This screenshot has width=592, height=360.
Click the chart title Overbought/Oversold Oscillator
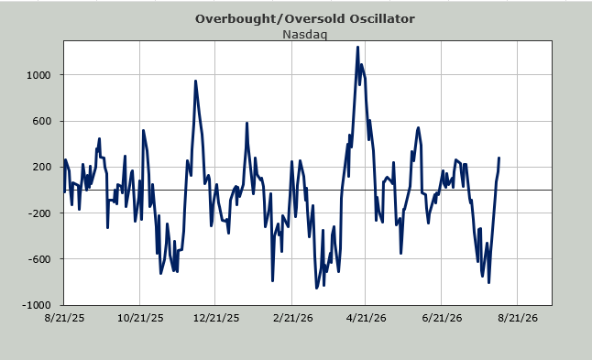pyautogui.click(x=304, y=19)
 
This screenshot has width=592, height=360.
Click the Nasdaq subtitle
pyautogui.click(x=304, y=34)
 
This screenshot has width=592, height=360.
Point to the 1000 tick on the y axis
pyautogui.click(x=38, y=75)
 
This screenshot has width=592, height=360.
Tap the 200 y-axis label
pyautogui.click(x=42, y=167)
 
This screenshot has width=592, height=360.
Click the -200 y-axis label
pyautogui.click(x=39, y=213)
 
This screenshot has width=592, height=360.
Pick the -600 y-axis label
pyautogui.click(x=39, y=259)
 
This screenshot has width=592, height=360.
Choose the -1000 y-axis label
pyautogui.click(x=37, y=305)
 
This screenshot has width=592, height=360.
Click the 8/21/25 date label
pyautogui.click(x=64, y=318)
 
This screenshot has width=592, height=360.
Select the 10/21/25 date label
pyautogui.click(x=140, y=318)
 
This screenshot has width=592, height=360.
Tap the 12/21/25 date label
pyautogui.click(x=216, y=318)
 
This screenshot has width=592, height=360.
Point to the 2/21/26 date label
pyautogui.click(x=292, y=318)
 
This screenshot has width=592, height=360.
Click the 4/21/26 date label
pyautogui.click(x=366, y=318)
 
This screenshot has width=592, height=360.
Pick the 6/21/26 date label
pyautogui.click(x=442, y=318)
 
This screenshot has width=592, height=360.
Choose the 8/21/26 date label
pyautogui.click(x=518, y=318)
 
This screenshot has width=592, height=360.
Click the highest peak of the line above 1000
pyautogui.click(x=357, y=47)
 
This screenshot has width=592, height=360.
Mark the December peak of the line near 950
pyautogui.click(x=195, y=81)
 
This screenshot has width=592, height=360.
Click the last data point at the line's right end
pyautogui.click(x=499, y=158)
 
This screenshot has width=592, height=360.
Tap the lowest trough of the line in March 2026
pyautogui.click(x=316, y=289)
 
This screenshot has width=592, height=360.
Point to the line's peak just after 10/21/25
pyautogui.click(x=143, y=131)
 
